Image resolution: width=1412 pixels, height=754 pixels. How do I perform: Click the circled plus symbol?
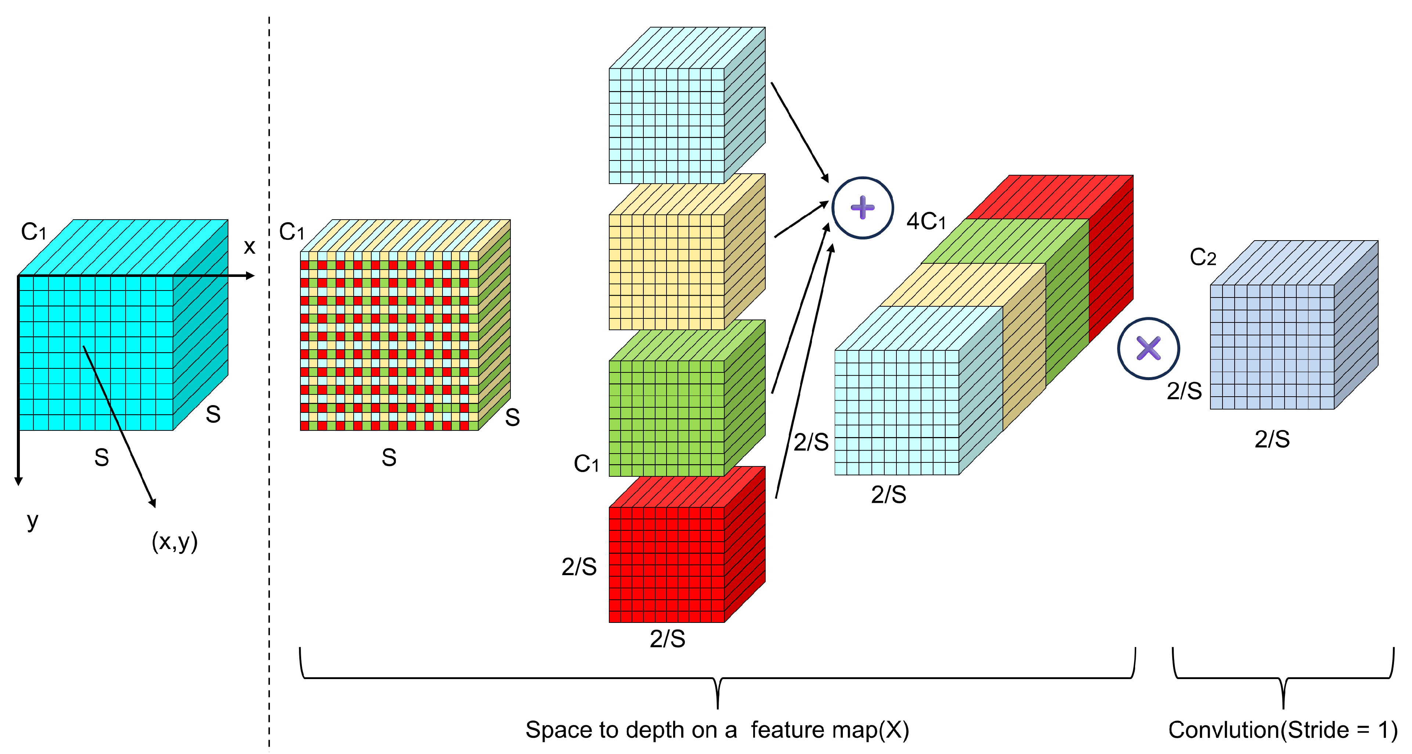point(862,208)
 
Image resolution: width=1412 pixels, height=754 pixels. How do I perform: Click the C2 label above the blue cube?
point(1203,257)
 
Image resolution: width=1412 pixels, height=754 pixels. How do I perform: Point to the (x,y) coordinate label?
point(174,542)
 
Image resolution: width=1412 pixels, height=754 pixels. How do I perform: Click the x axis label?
point(249,247)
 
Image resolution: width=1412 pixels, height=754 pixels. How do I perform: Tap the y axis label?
point(32,520)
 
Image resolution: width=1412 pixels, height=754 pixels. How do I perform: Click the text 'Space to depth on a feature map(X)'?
point(717,730)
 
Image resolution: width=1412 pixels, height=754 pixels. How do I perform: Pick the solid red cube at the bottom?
point(667,564)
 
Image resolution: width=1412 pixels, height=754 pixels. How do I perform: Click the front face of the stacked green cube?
point(667,418)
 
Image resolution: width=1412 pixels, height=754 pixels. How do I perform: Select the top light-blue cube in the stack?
point(667,126)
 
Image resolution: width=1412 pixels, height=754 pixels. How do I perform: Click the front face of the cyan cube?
point(96,353)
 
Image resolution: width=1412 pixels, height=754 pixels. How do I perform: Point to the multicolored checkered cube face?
point(389,341)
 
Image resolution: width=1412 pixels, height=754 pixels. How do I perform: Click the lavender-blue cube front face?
point(1272,347)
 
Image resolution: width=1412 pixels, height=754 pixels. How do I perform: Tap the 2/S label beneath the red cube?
point(667,639)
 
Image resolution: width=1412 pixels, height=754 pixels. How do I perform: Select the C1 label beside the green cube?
point(586,464)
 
